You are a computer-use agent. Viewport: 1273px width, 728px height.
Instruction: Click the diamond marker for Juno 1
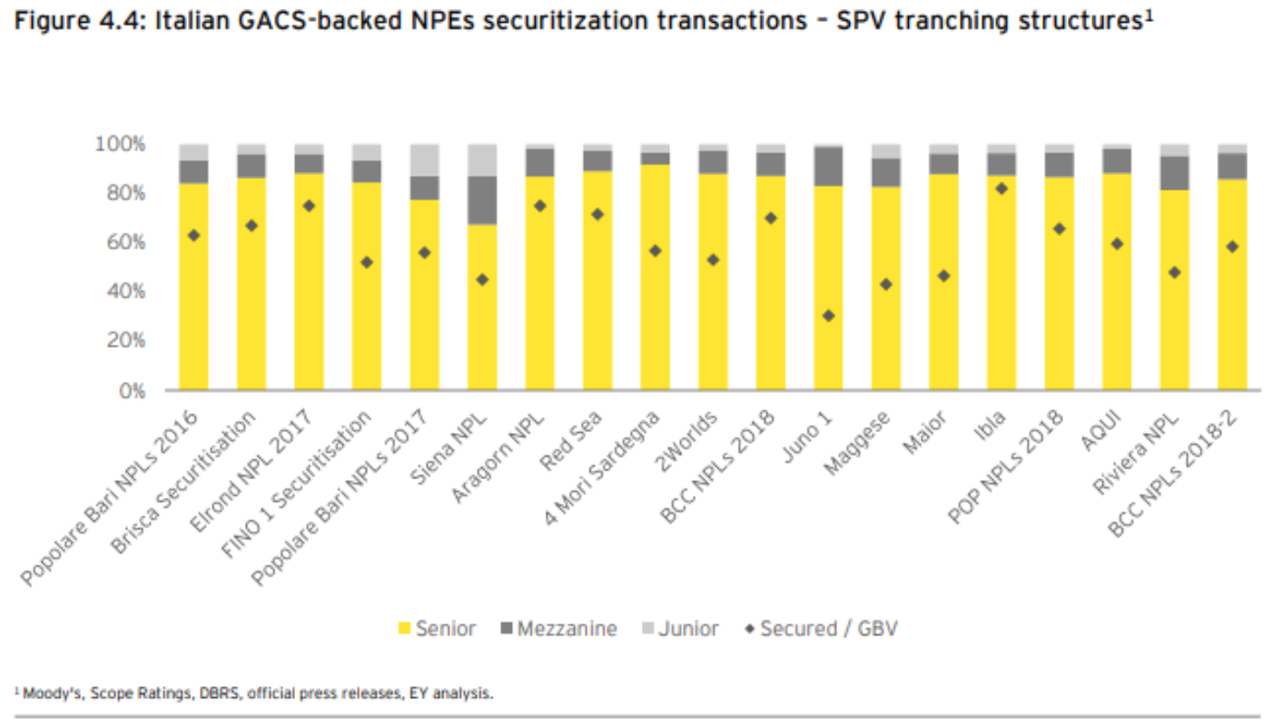point(828,316)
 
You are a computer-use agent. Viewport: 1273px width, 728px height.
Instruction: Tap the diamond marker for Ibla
point(1002,189)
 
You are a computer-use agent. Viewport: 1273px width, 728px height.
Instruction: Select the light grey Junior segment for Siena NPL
point(482,160)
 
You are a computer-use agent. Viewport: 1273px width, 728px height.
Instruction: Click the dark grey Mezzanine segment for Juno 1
point(828,166)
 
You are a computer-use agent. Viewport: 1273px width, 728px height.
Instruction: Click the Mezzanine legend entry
point(558,628)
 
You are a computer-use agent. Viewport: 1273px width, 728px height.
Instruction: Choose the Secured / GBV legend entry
point(821,628)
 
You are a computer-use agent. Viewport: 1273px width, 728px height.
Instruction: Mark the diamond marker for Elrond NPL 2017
point(309,206)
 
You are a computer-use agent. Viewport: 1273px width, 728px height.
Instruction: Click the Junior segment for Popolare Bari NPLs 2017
point(424,160)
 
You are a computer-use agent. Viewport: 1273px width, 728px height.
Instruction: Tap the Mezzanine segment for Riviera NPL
point(1174,172)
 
